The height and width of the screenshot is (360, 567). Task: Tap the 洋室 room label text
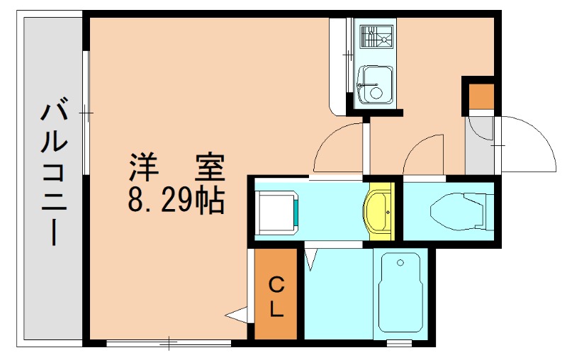(176, 168)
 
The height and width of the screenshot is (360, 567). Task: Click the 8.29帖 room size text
(176, 203)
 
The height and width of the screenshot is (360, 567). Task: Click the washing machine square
(276, 210)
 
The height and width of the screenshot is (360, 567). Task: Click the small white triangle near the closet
(235, 314)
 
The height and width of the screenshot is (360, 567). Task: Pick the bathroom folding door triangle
(311, 258)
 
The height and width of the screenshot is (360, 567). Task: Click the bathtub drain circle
(400, 263)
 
